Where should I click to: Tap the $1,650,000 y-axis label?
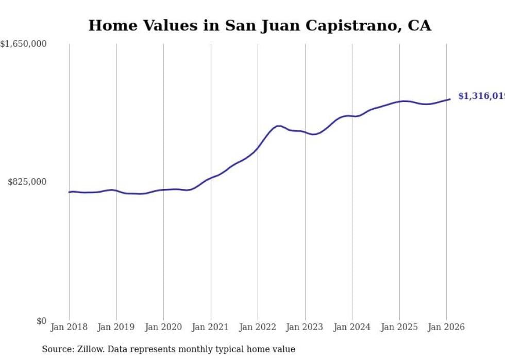click(23, 44)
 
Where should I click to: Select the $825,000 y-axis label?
click(27, 182)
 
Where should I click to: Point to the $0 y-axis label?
click(41, 321)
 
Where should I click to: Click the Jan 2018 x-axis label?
click(69, 327)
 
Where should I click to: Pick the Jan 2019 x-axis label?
click(116, 327)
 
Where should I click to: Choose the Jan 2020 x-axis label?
click(163, 327)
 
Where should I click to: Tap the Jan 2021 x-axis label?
click(210, 327)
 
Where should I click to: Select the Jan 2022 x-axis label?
click(258, 327)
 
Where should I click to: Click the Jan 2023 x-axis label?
click(305, 327)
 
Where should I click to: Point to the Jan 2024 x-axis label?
click(352, 327)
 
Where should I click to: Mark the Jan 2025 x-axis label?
click(399, 327)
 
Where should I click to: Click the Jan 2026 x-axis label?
click(446, 327)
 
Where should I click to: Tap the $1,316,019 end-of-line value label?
click(481, 96)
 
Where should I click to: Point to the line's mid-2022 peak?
click(278, 126)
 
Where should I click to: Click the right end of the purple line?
click(450, 99)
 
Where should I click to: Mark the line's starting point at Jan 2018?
click(69, 192)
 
